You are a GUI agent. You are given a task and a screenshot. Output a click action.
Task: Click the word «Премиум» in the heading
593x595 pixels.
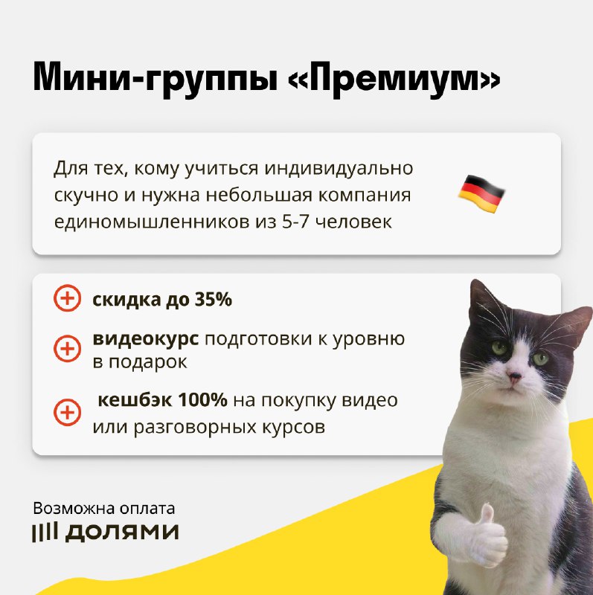394,79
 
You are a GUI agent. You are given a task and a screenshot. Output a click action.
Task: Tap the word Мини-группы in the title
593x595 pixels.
155,79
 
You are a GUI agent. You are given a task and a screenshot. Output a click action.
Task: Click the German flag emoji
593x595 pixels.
481,194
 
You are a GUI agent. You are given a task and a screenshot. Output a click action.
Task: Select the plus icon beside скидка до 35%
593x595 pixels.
67,298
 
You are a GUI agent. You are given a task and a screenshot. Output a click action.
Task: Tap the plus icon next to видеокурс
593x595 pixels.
67,348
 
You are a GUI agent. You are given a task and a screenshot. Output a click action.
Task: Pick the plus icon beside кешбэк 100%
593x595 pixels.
67,412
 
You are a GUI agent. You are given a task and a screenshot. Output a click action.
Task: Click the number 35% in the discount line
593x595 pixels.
214,300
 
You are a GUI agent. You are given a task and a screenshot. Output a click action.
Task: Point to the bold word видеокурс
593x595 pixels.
146,338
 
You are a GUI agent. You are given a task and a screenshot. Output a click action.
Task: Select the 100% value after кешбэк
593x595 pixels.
202,400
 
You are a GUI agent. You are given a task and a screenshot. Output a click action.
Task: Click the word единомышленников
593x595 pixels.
152,222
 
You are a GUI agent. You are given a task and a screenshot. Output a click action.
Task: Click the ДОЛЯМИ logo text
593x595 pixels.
122,532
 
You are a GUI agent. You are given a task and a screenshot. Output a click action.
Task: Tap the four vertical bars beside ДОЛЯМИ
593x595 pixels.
45,533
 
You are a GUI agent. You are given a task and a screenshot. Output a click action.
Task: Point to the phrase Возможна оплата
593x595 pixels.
104,509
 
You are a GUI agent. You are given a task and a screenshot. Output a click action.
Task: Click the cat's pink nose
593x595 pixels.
515,376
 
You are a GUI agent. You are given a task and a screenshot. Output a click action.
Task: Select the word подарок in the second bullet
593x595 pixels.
148,362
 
